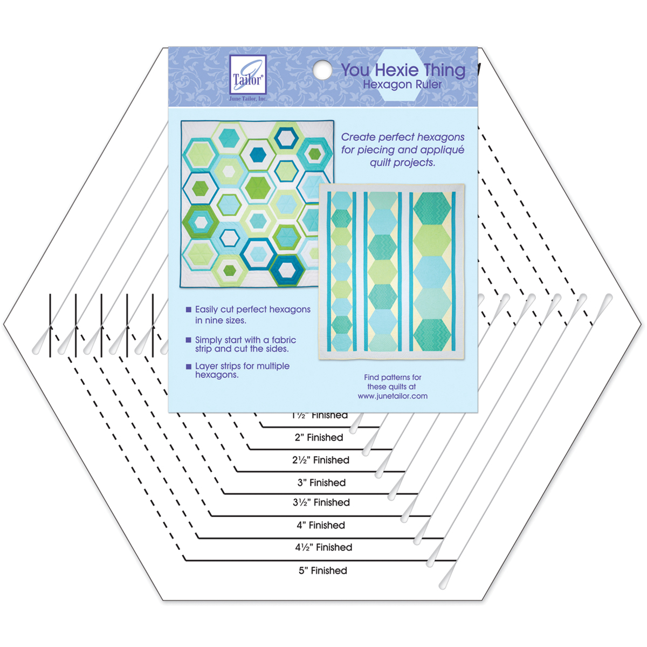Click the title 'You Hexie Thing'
403,70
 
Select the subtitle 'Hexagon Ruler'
402,85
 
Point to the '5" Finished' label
323,570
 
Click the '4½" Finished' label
323,547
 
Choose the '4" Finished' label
321,525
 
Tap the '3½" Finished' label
321,503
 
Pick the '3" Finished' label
321,483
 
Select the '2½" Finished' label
321,460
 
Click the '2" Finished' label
319,437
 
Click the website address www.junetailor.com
393,396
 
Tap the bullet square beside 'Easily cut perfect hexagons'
188,310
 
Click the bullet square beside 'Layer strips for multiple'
188,366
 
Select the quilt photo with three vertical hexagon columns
391,272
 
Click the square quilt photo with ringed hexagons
257,203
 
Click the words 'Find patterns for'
393,377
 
